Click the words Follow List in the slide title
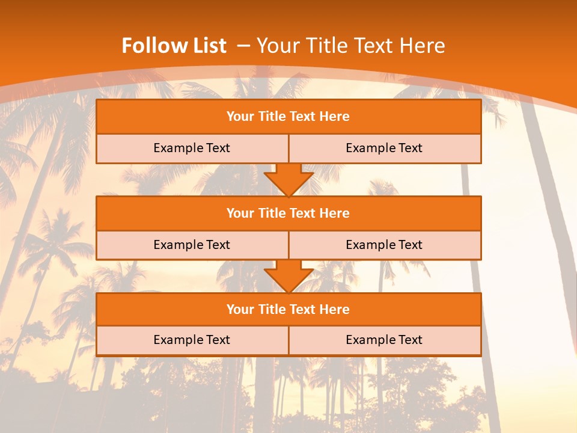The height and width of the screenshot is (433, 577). click(x=174, y=46)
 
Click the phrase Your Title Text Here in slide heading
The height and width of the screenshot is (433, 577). click(x=350, y=46)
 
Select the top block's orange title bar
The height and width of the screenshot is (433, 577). click(x=288, y=117)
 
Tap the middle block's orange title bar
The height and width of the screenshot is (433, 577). click(x=288, y=213)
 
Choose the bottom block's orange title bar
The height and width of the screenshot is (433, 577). click(x=288, y=309)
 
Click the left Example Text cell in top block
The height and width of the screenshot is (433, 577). click(x=192, y=148)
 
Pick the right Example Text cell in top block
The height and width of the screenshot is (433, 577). click(x=384, y=148)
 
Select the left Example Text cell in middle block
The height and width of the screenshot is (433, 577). click(x=192, y=245)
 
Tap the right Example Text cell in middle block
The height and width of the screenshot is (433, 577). click(x=384, y=245)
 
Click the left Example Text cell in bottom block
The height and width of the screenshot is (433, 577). click(x=192, y=340)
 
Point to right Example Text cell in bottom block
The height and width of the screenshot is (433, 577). click(x=384, y=340)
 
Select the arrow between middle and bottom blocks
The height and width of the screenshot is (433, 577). click(x=288, y=276)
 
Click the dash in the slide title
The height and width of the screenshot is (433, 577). click(x=243, y=46)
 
